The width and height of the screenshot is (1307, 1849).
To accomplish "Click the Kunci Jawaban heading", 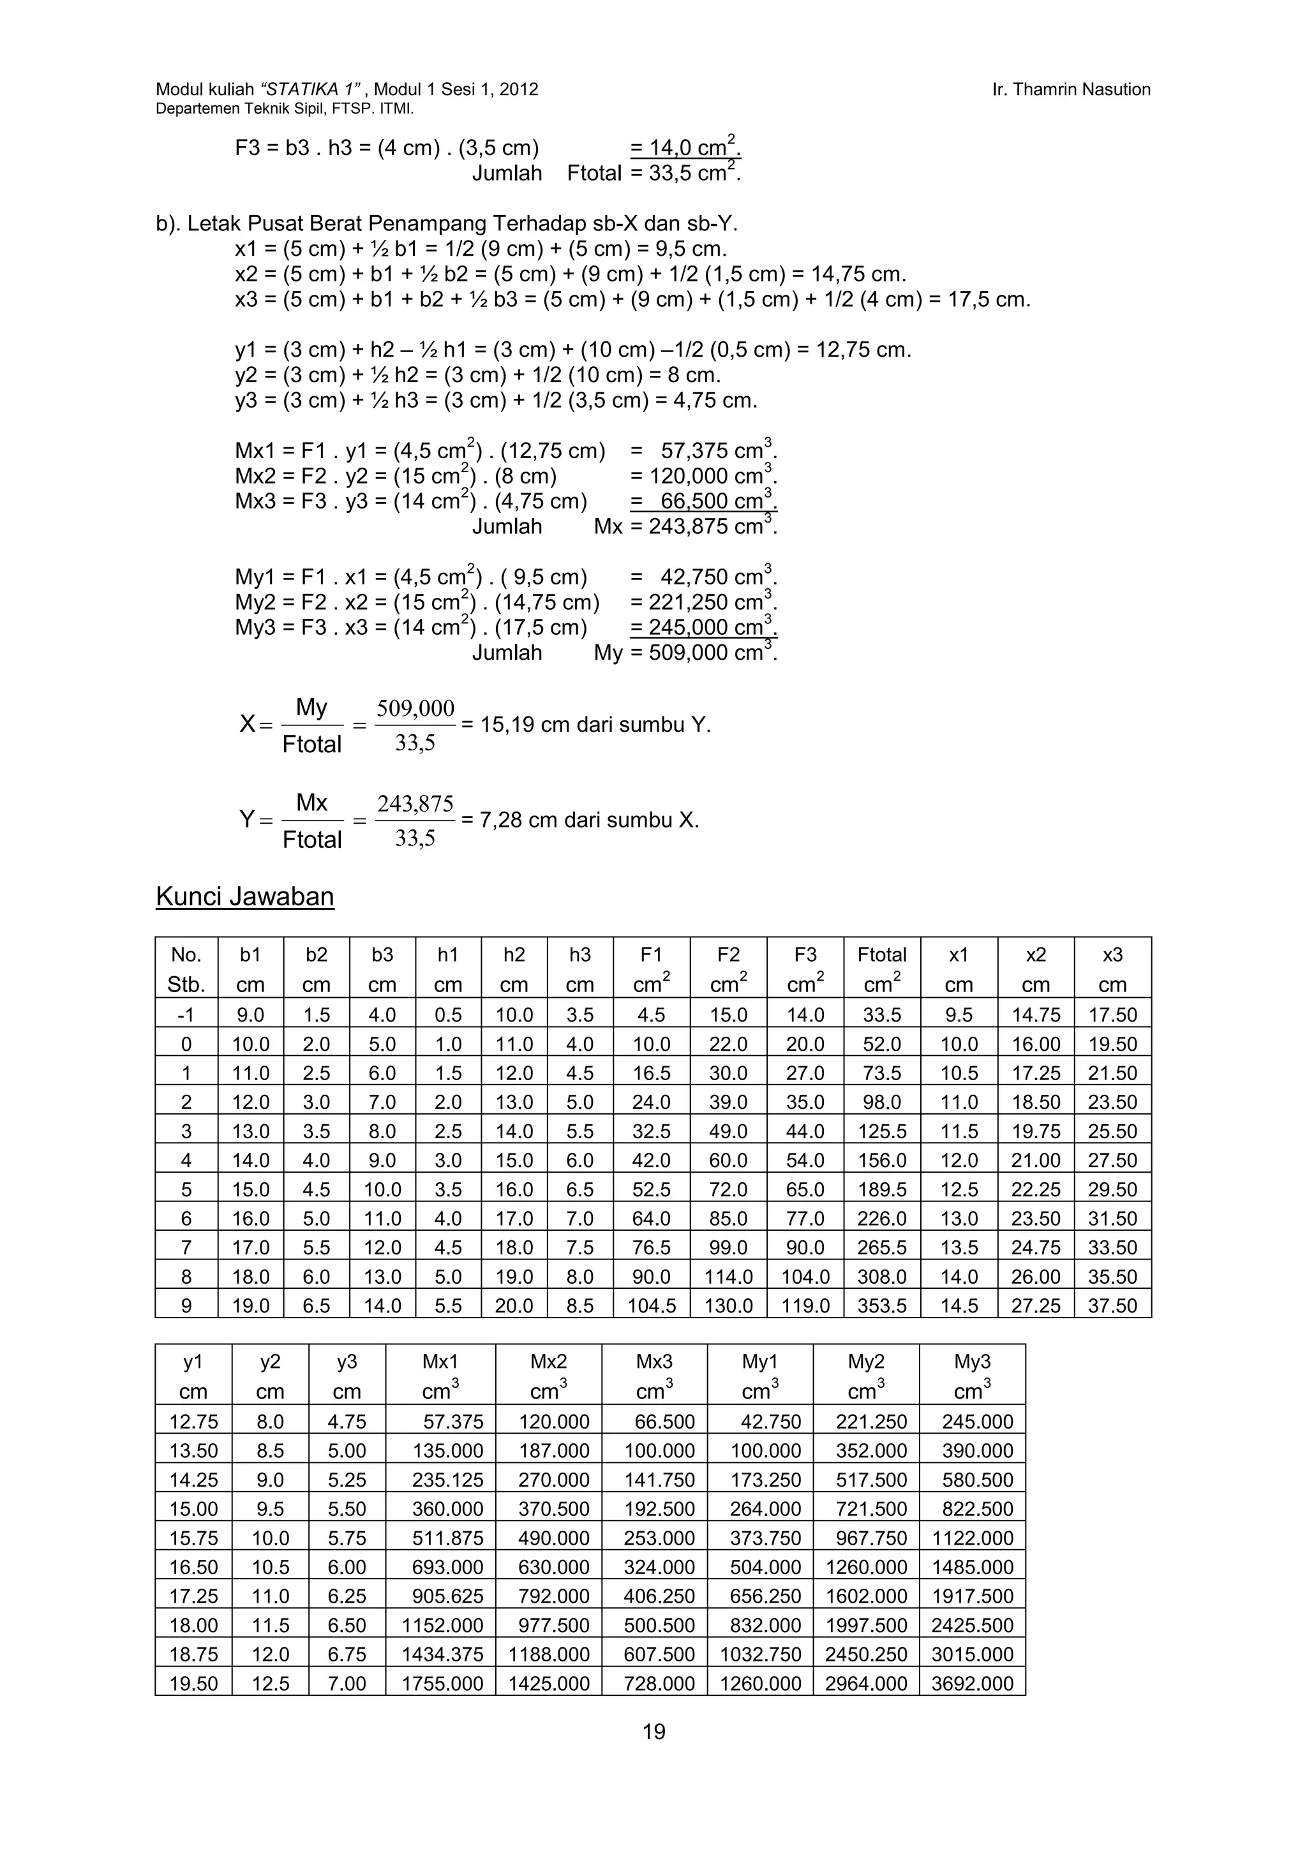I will point(245,896).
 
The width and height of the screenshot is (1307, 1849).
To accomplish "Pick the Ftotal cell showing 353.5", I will point(882,1305).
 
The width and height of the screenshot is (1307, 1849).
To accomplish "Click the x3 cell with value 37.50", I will point(1112,1305).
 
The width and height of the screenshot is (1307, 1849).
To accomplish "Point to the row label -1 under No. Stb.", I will point(186,1014).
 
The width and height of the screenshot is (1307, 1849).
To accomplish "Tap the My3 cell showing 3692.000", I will point(972,1683).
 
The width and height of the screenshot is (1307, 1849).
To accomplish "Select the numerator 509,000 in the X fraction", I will point(415,709).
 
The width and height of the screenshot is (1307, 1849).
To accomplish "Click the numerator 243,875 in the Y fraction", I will point(415,804).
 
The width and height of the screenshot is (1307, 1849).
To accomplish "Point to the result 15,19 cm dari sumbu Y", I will point(596,725).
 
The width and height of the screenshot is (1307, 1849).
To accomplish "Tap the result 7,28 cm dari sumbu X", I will point(590,821).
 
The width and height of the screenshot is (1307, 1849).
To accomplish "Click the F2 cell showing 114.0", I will point(728,1277).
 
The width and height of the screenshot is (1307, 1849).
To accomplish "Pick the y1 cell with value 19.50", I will point(193,1683).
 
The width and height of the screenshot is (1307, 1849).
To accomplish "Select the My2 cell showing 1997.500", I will point(867,1625).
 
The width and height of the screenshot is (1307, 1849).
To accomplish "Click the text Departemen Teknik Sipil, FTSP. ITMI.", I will point(284,108).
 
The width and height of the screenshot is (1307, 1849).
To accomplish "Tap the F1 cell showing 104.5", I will point(652,1305).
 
